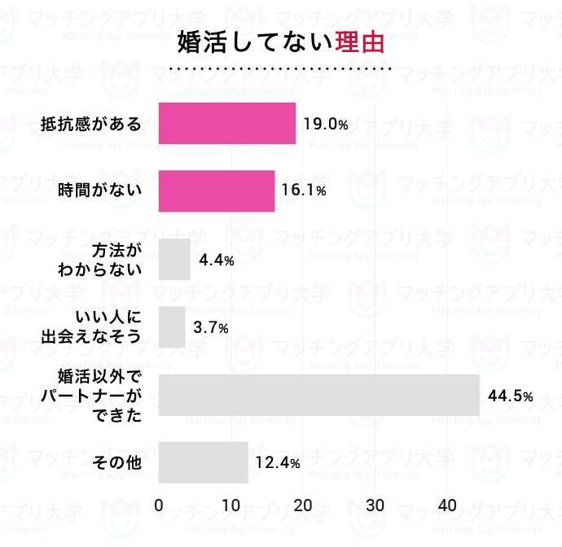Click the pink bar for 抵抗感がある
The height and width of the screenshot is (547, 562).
(226, 124)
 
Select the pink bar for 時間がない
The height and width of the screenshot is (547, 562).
(216, 191)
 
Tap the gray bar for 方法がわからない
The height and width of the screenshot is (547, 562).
(174, 259)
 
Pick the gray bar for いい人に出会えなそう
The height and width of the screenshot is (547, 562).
(172, 327)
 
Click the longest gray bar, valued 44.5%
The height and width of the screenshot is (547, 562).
(318, 395)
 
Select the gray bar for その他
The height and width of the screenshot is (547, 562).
(203, 462)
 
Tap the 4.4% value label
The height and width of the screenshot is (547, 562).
(217, 260)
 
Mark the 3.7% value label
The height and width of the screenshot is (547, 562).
(211, 328)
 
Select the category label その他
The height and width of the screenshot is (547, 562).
(118, 463)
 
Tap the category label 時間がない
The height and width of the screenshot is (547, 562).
(100, 191)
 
